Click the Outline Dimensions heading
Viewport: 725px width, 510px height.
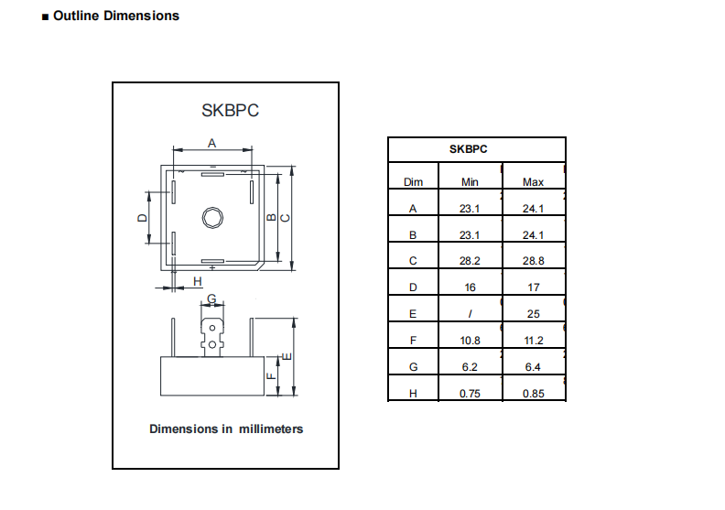click(x=115, y=16)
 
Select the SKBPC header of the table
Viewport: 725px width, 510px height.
click(x=468, y=148)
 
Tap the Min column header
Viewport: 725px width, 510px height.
click(x=470, y=182)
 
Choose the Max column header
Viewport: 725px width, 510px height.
click(x=533, y=182)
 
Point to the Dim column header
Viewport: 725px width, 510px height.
click(x=413, y=182)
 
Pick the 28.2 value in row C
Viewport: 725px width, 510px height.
click(x=470, y=261)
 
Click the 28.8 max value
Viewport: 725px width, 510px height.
click(x=533, y=261)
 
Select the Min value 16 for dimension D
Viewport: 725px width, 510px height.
click(x=470, y=288)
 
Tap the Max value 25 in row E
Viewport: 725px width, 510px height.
click(x=533, y=314)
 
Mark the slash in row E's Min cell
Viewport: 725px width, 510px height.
click(x=470, y=314)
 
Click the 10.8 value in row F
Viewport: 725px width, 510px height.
click(x=470, y=341)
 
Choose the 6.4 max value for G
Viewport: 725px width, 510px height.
click(x=533, y=367)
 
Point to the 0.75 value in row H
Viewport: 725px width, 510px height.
click(x=470, y=394)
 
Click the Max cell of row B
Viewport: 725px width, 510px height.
click(x=533, y=235)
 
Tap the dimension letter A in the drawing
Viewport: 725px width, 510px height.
click(x=211, y=143)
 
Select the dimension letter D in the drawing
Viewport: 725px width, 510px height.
click(x=141, y=218)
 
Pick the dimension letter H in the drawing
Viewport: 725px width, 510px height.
click(x=197, y=281)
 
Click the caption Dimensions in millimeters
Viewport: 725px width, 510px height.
click(x=226, y=429)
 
